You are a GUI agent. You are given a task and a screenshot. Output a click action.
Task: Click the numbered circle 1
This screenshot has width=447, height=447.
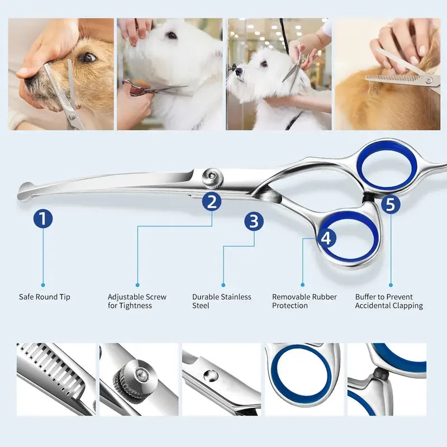click(x=43, y=218)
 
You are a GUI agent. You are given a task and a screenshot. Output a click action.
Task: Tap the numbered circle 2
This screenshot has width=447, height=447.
click(x=212, y=202)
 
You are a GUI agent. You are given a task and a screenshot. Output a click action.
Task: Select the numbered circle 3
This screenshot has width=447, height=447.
click(x=254, y=221)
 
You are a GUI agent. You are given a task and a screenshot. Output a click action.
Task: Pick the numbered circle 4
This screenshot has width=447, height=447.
click(x=326, y=238)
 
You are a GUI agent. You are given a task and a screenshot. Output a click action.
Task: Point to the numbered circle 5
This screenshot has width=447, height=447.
click(x=390, y=204)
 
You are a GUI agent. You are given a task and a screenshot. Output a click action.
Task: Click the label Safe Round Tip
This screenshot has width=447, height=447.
click(x=45, y=297)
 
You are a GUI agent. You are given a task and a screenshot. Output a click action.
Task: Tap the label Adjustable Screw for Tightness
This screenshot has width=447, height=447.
click(x=137, y=301)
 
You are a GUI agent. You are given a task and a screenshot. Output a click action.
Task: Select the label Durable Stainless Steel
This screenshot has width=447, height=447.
click(x=221, y=301)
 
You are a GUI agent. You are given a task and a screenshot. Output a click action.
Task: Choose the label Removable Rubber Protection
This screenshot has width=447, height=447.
click(x=304, y=301)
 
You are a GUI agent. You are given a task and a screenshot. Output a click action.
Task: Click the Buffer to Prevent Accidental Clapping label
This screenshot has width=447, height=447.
click(x=389, y=301)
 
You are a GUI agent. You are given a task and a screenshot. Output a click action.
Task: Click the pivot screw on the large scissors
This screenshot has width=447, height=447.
click(x=212, y=178)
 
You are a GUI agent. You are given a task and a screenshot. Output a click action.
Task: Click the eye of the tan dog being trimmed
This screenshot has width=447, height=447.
click(x=87, y=58)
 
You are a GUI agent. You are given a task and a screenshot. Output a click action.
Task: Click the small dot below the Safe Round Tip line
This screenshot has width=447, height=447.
click(x=43, y=285)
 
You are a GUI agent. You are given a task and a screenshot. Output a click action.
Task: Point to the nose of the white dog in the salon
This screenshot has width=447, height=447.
click(x=238, y=72)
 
